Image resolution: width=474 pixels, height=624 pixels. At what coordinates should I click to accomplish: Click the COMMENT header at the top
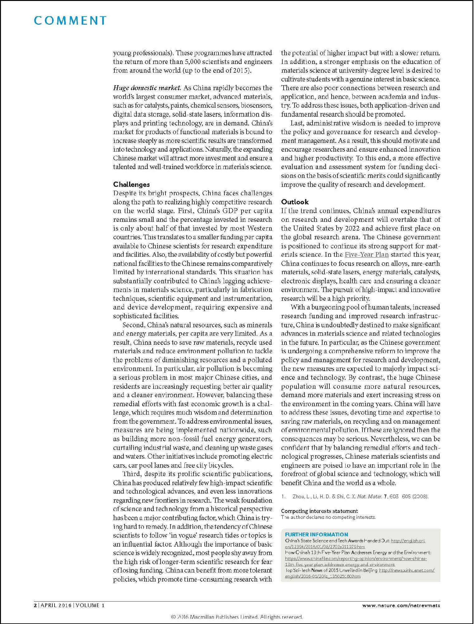coord(70,21)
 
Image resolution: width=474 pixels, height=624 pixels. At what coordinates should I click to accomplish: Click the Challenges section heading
coord(131,184)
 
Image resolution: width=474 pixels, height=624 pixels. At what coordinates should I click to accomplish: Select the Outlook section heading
coord(294,202)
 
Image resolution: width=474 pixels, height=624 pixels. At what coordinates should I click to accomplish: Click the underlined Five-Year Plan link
coord(366,255)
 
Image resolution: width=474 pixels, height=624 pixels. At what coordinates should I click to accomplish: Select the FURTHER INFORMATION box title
coord(316,534)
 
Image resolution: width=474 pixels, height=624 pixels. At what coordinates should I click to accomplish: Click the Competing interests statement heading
coord(319,511)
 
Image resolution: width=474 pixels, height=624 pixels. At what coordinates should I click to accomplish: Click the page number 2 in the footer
coord(35,605)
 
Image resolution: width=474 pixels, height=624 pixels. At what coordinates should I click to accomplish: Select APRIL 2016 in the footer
coord(55,605)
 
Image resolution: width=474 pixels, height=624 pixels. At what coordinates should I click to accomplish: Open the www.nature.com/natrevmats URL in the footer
coord(401,605)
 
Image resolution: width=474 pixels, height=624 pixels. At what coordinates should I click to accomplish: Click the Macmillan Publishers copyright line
coord(237,617)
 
